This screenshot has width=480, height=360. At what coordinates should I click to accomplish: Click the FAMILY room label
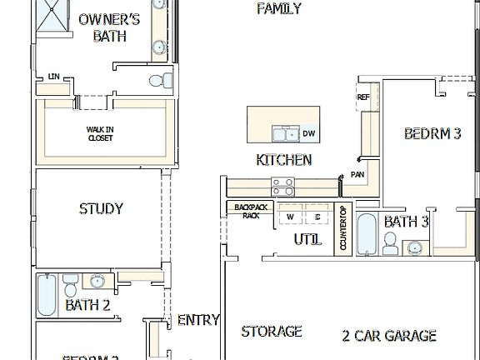[x=278, y=9]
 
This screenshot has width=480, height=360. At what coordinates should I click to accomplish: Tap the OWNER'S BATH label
[x=109, y=27]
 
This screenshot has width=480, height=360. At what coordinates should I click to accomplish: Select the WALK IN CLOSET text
[x=100, y=134]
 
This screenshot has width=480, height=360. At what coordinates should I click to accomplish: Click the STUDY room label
[x=101, y=209]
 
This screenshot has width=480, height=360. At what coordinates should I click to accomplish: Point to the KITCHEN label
[x=284, y=160]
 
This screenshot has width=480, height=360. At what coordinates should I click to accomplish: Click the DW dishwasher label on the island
[x=309, y=133]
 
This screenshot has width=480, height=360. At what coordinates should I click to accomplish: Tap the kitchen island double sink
[x=286, y=133]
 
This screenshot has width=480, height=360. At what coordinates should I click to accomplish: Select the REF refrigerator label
[x=363, y=97]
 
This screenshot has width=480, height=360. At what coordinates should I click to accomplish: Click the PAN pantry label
[x=357, y=175]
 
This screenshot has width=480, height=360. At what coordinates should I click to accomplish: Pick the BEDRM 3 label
[x=432, y=133]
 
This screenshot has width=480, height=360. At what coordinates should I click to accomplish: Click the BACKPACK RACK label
[x=247, y=211]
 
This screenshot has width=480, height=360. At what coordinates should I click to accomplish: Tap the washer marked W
[x=291, y=217]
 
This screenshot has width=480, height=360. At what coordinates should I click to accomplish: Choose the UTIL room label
[x=307, y=240]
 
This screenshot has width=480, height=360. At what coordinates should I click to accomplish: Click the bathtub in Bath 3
[x=366, y=234]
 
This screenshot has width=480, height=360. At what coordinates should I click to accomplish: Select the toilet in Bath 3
[x=388, y=243]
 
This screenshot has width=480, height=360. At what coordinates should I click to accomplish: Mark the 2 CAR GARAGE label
[x=389, y=336]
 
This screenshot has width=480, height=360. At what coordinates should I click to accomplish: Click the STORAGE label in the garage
[x=272, y=332]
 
